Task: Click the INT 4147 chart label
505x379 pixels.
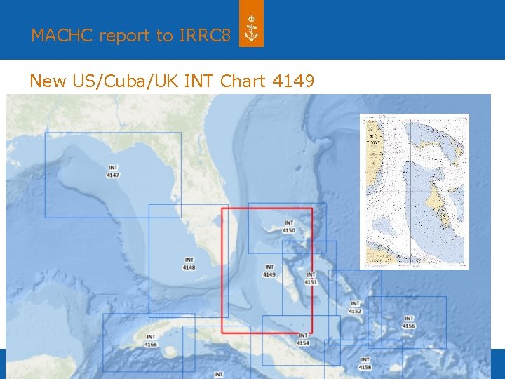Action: [x=113, y=171]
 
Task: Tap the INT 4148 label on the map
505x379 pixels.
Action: [x=189, y=263]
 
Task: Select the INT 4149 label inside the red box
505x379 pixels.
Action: [x=269, y=270]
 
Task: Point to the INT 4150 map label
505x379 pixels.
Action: [x=289, y=227]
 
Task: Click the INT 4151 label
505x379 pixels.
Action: [x=311, y=279]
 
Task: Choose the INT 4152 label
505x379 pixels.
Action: [x=356, y=307]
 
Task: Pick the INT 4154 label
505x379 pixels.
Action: [x=303, y=339]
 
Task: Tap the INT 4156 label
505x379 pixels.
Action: [x=409, y=322]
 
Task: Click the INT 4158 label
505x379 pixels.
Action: [x=365, y=364]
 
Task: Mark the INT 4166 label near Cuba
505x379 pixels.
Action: [x=151, y=340]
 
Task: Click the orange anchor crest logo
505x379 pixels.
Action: [x=251, y=30]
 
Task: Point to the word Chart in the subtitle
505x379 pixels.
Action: [x=243, y=81]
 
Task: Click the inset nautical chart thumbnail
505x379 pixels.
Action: [x=414, y=191]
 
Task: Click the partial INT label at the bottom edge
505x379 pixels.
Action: [x=218, y=375]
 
